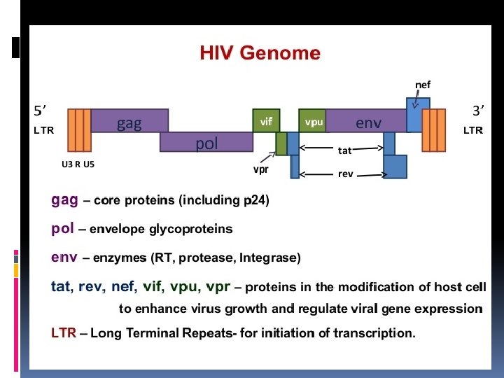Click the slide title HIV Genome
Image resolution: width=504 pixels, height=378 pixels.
coord(260,53)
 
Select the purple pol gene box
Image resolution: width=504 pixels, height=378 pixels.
coord(206,142)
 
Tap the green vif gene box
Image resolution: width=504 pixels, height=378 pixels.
coord(266,120)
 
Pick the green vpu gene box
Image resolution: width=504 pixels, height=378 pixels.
coord(313,120)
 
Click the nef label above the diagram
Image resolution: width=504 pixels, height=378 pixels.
coord(423,85)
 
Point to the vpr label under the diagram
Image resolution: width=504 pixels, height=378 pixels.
coord(261,169)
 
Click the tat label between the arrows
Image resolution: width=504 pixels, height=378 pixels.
coord(345,150)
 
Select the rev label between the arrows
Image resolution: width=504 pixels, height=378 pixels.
coord(346,174)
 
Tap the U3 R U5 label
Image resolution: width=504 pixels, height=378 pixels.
coord(78,164)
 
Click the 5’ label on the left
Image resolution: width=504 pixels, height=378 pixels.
coord(41,110)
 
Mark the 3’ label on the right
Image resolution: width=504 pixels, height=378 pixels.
coord(479,110)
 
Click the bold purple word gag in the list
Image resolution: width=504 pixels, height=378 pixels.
coord(64,199)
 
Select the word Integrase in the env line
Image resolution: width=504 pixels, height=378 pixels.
coord(269,258)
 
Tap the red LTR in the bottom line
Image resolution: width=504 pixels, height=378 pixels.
coord(64,333)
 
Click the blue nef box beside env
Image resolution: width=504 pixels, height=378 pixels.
coord(419,115)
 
